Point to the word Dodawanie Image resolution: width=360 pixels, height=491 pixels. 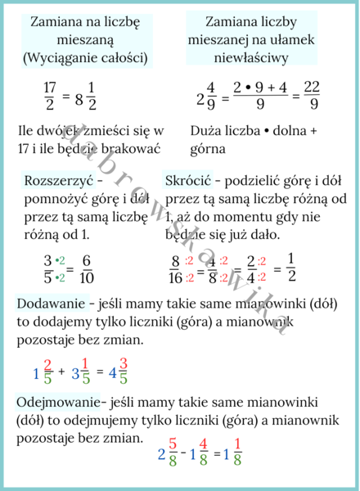[x=47, y=304]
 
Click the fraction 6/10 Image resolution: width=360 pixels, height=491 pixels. [x=88, y=270]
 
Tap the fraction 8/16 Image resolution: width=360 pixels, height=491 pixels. [x=174, y=270]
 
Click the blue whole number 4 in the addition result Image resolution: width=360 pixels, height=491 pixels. [x=110, y=374]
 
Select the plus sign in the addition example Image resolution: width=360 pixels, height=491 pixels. [x=62, y=373]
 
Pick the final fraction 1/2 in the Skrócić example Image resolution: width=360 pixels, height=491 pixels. [x=291, y=270]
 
